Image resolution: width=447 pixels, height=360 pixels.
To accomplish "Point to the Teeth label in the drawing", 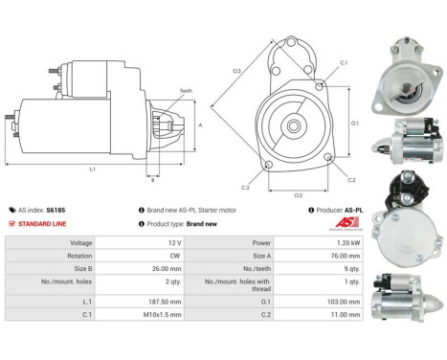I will (x=185, y=91).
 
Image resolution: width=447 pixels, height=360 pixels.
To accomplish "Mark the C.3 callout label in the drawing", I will (x=246, y=188).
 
